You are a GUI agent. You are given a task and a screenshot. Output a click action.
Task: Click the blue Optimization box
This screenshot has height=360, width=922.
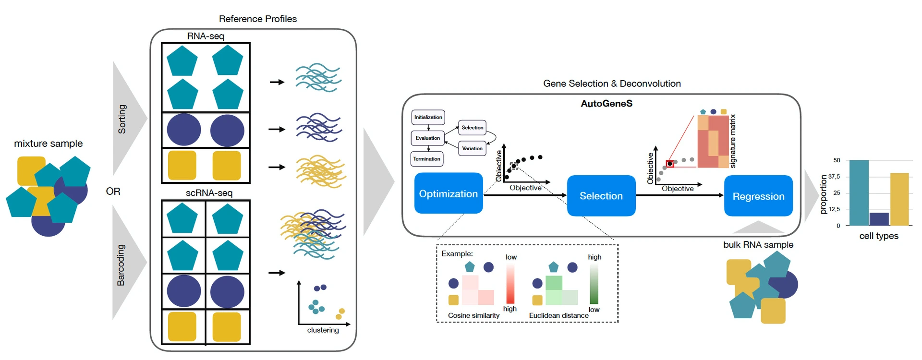448,193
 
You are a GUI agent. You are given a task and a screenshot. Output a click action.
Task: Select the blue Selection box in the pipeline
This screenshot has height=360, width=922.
601,196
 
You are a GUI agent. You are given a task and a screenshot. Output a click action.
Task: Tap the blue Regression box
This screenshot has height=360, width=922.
758,196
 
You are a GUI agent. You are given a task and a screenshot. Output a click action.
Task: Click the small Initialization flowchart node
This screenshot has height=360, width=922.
428,117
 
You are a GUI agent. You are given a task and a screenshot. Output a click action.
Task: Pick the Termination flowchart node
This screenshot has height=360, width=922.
426,159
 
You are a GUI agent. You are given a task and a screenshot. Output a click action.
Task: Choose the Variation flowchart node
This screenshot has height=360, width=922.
472,148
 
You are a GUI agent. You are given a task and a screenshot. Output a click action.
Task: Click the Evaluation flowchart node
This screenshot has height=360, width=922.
427,138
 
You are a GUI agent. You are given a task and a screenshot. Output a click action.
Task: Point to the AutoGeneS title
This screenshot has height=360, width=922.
606,104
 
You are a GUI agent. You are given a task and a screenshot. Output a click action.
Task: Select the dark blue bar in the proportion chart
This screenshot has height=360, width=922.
879,219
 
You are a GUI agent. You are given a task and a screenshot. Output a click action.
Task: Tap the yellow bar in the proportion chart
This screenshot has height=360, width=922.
899,199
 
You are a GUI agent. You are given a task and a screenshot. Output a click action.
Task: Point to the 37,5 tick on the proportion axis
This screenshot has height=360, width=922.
834,177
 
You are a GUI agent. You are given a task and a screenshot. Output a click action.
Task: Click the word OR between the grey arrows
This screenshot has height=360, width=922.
113,192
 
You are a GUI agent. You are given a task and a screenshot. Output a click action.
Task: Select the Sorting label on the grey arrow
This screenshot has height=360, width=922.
122,119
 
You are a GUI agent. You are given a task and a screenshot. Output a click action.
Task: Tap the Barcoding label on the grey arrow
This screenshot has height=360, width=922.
121,265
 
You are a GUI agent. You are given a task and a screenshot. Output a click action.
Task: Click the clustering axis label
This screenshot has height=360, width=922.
323,330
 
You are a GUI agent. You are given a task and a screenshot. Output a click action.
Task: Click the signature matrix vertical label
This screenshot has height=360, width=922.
733,141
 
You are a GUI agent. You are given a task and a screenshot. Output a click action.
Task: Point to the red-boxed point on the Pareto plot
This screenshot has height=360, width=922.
670,164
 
